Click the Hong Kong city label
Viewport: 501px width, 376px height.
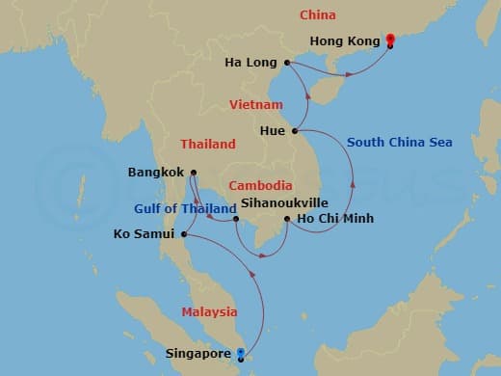[346, 41]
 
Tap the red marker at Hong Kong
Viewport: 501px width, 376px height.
[389, 40]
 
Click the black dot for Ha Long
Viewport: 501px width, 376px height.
[287, 64]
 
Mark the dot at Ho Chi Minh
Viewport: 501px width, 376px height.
[286, 220]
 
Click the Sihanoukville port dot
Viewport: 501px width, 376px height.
[235, 218]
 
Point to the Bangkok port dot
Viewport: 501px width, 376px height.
[193, 174]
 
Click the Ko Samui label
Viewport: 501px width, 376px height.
[144, 234]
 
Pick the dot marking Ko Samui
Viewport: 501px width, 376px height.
[183, 233]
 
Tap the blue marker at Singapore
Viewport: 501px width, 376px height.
[241, 353]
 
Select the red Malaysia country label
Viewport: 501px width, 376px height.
[209, 311]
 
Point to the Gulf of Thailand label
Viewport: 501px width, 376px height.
[185, 209]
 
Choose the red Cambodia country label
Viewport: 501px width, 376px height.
[260, 185]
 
